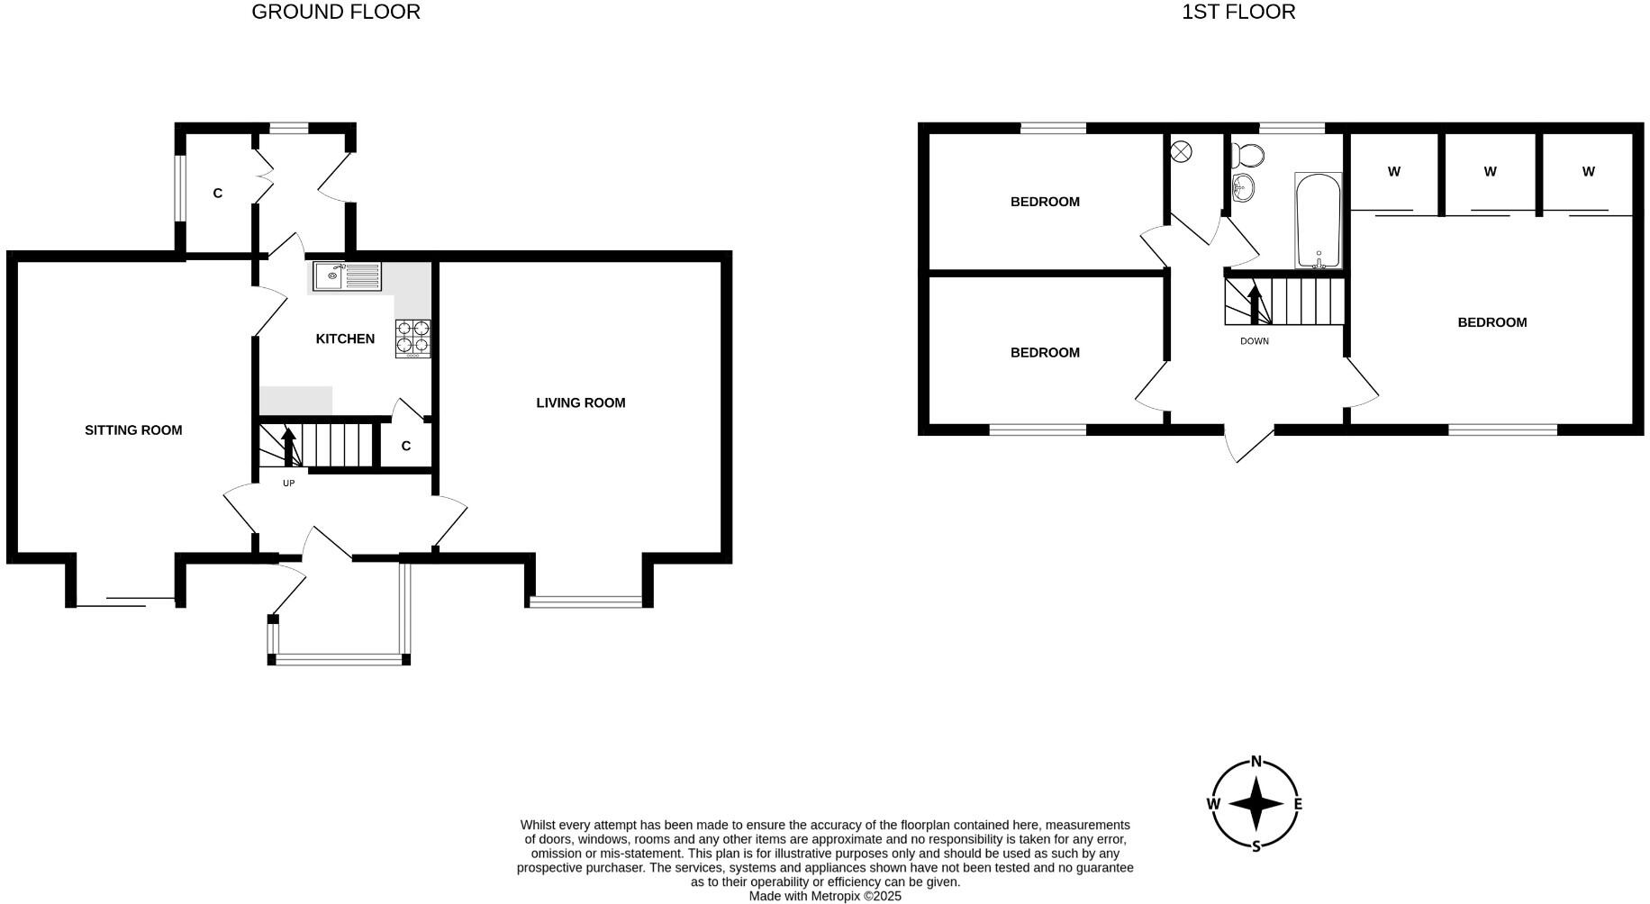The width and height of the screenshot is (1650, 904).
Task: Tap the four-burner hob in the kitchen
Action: [412, 339]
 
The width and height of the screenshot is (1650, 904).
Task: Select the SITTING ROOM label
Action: [133, 430]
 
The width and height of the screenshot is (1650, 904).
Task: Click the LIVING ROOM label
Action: [580, 402]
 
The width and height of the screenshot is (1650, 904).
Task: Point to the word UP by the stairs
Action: [288, 484]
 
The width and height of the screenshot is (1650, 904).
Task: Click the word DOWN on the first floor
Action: [1254, 341]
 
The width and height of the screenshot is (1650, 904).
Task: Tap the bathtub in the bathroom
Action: [1318, 221]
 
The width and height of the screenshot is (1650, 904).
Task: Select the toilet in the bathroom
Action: [1247, 154]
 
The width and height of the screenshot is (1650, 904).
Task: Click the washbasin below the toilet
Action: [1244, 188]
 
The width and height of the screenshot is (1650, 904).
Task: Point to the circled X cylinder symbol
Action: [1181, 151]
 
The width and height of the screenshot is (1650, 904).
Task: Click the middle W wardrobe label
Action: [1490, 171]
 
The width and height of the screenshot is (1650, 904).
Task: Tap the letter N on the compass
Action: [1256, 761]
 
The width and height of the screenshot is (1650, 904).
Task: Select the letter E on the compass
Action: [1298, 804]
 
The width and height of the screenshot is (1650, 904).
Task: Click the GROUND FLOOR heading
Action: [335, 12]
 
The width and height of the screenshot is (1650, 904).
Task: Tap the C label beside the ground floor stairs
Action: [405, 446]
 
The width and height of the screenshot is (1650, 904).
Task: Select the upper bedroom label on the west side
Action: [1044, 202]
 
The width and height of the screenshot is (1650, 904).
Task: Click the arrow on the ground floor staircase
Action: [288, 447]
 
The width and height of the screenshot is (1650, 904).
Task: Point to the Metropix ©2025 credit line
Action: [824, 896]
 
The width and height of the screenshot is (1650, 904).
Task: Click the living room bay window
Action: [586, 601]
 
